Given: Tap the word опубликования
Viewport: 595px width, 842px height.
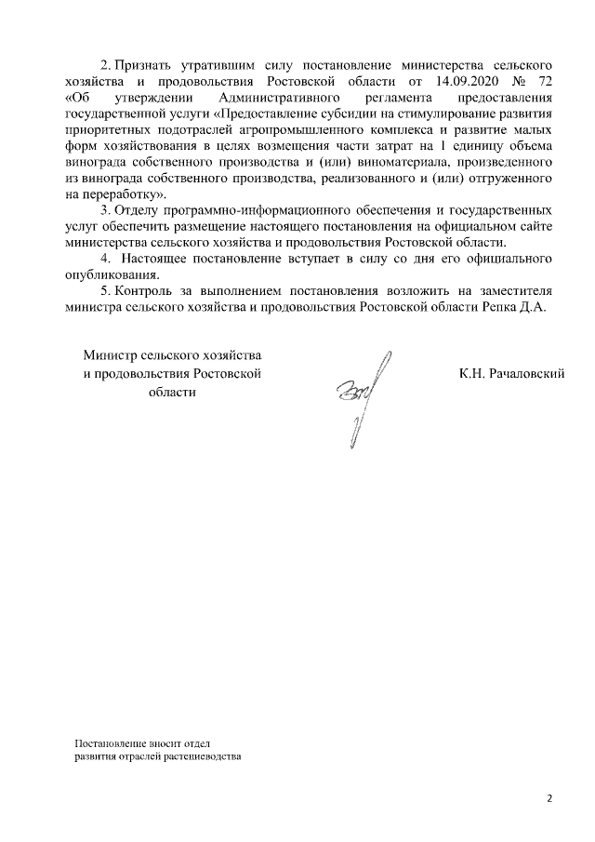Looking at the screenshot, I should pos(116,276).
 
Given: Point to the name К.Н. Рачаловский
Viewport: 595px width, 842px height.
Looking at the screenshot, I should pos(512,374).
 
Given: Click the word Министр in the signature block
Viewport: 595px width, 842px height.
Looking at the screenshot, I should pos(109,356).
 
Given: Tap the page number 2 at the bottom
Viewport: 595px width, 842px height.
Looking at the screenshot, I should pos(549,798).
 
